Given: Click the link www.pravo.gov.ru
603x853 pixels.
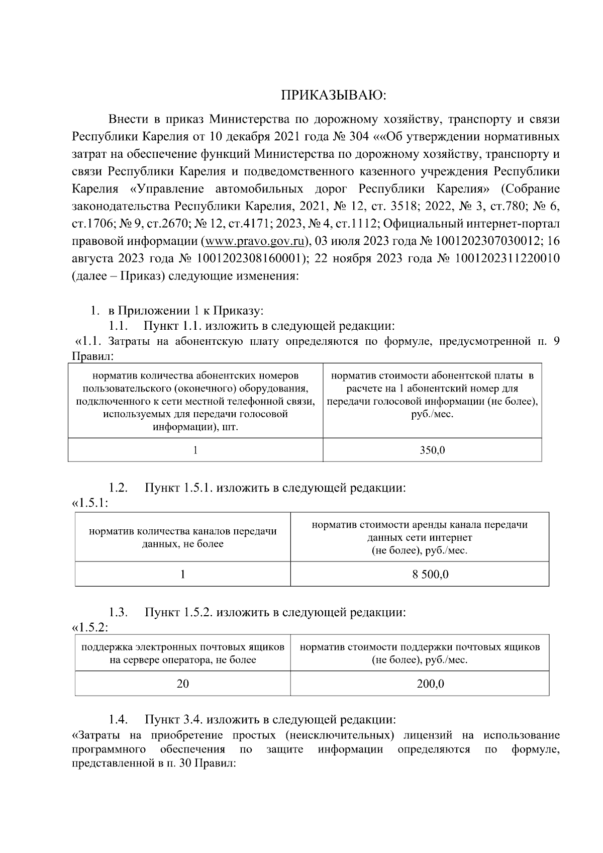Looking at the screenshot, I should [254, 241].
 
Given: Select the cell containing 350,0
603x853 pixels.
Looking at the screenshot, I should [432, 450].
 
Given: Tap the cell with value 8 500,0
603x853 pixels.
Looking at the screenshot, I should [420, 574].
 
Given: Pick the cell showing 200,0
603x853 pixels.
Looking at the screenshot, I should [420, 684].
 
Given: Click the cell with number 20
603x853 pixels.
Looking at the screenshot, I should [183, 684].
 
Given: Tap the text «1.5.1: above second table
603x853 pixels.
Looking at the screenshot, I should [90, 503].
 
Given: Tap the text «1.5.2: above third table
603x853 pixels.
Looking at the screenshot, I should [90, 628].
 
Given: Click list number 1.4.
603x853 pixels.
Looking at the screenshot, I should [118, 720].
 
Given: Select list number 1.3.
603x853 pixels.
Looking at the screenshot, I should [118, 613].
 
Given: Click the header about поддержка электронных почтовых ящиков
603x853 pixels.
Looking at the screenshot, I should [183, 653].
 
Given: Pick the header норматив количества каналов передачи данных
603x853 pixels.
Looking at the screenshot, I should [183, 537].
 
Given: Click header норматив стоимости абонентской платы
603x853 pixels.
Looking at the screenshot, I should [432, 395].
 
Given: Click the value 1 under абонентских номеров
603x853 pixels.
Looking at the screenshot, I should [195, 450].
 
